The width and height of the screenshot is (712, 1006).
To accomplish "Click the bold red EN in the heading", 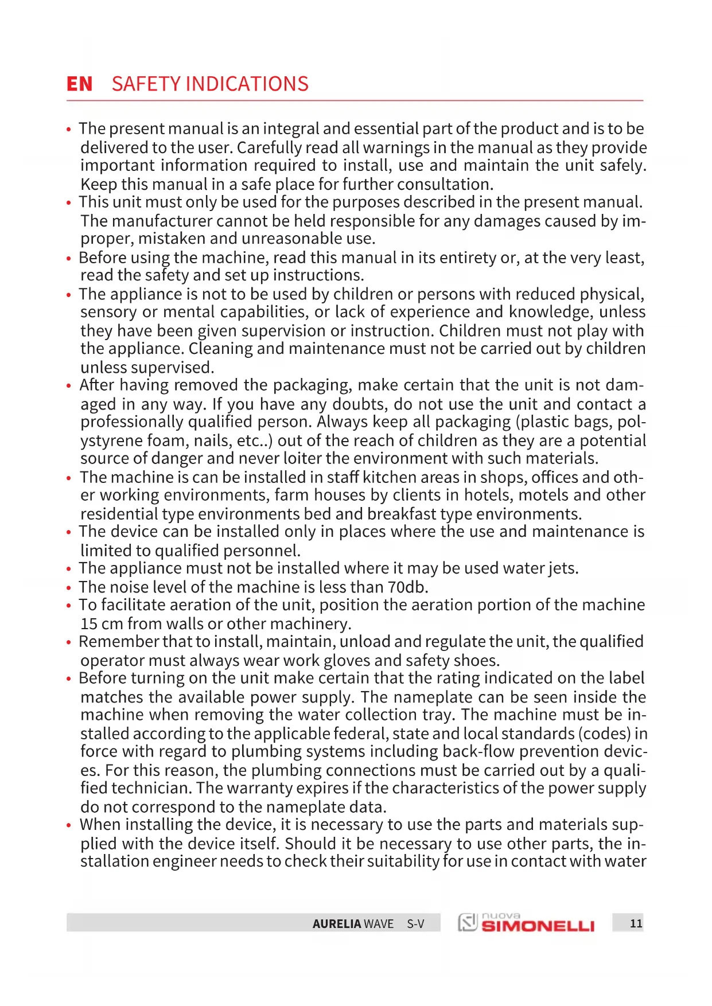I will (x=79, y=84).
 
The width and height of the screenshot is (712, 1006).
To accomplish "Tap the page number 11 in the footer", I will (x=636, y=923).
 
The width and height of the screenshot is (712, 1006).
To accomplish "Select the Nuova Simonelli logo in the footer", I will (x=526, y=923).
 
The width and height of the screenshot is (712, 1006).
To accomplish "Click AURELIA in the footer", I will (x=337, y=924).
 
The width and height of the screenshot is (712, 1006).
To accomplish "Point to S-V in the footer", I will (x=415, y=924).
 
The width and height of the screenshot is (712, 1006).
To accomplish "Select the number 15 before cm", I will (x=89, y=623).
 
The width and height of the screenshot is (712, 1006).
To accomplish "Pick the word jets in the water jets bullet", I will (x=562, y=568).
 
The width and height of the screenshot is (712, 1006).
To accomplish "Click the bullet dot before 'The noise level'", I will (x=69, y=588).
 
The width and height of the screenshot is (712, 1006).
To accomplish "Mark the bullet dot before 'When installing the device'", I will (x=69, y=826).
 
